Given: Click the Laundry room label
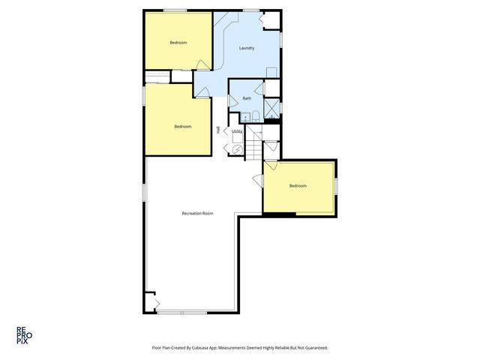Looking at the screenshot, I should coord(247,48).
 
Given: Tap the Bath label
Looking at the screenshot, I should coord(247,98).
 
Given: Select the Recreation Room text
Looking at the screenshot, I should coord(197,214).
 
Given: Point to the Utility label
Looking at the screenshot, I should coord(237,131).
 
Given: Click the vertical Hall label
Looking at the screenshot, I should coord(218,130).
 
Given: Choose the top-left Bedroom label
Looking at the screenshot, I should coord(178,43).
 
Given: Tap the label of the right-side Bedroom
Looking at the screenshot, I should coord(298,186).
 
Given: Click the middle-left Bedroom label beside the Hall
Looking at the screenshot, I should coord(182,126).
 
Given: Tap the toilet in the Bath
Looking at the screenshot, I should coord(256,115).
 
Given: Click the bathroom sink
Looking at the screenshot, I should coord(244,116).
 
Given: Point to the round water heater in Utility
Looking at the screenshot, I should coord(237,148).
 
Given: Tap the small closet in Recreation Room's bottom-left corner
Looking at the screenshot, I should coord(151,302).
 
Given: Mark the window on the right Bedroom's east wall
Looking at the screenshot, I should coord(336,184).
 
